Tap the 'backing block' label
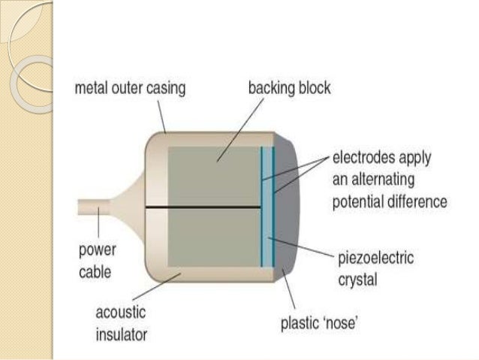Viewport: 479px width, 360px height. tap(289, 89)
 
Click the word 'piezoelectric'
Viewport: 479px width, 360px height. tap(375, 258)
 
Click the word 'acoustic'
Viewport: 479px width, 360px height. tap(121, 312)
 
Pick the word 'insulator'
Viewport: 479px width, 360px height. tap(122, 333)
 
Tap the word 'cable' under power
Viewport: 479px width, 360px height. tap(95, 270)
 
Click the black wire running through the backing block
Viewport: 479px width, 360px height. tap(203, 207)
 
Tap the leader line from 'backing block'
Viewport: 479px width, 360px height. tap(240, 128)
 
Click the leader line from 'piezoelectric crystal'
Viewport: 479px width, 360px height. tap(300, 247)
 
